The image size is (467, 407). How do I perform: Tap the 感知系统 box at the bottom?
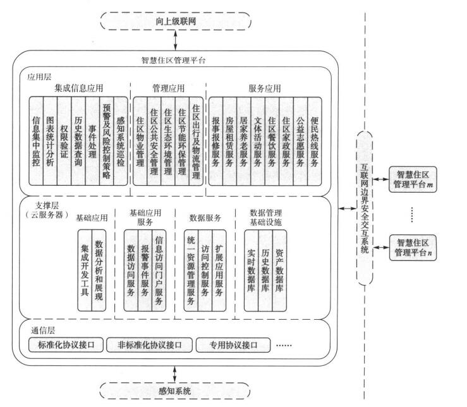[x=176, y=391]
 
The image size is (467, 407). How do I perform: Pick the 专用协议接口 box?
[x=232, y=345]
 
